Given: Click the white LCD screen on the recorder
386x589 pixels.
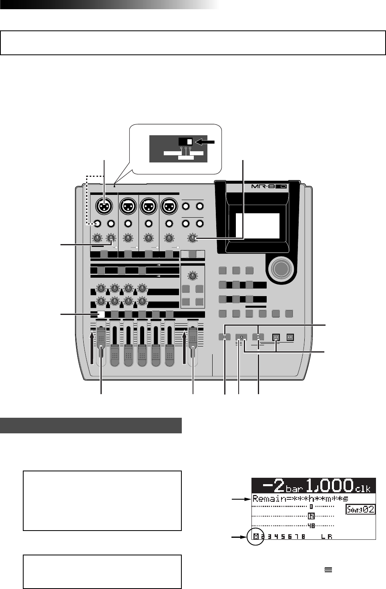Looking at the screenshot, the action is point(257,225).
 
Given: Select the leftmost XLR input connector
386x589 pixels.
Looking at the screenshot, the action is point(104,206).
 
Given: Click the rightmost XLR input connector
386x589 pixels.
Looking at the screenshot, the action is point(169,206).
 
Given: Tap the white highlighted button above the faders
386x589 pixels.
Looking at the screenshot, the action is point(101,315).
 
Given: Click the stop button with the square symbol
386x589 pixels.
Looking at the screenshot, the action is point(241,337).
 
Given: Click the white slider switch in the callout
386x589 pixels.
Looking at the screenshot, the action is point(189,142).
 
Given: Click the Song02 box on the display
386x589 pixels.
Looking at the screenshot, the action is point(360,509).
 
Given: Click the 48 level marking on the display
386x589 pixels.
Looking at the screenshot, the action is point(311,525).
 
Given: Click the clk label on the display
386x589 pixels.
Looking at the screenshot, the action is point(363,488).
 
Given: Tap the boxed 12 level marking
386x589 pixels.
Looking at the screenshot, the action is point(311,516).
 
